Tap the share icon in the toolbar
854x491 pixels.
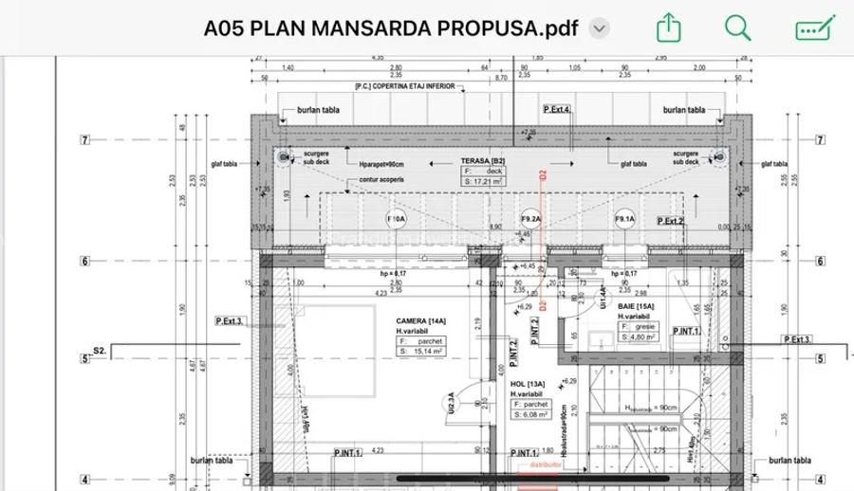click(669, 27)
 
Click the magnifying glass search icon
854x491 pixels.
click(737, 27)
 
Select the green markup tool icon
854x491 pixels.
click(814, 27)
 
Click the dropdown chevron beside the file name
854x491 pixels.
click(599, 28)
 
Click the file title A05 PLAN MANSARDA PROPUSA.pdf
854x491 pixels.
click(390, 28)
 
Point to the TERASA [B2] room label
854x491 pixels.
click(483, 162)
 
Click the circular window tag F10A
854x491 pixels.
click(397, 220)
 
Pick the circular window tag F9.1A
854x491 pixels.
click(624, 220)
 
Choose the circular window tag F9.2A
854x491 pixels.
click(530, 220)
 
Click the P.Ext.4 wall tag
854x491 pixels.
click(557, 110)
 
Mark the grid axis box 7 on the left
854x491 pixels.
click(84, 140)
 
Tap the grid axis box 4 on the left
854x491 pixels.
click(84, 480)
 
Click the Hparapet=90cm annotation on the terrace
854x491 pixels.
click(382, 164)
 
